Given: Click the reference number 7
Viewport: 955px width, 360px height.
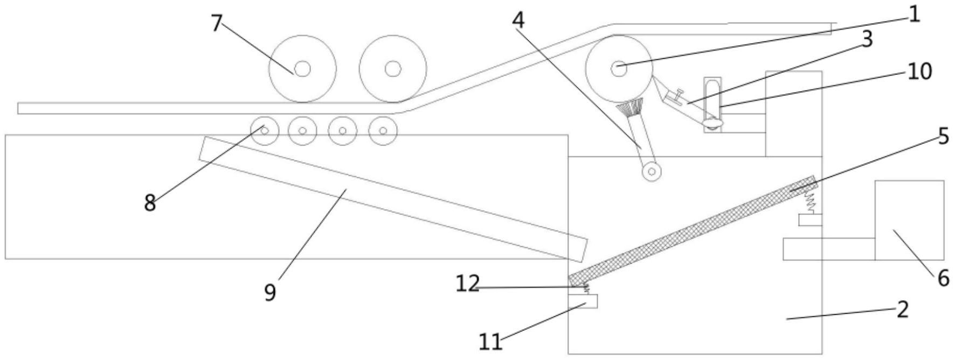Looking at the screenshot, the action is tap(216, 23).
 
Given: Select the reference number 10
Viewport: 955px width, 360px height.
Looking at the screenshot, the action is tap(919, 71).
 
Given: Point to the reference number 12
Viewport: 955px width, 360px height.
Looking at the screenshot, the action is tap(467, 284).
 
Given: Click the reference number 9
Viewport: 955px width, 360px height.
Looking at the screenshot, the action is tap(270, 292).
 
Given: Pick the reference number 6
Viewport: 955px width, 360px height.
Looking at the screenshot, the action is tap(943, 279).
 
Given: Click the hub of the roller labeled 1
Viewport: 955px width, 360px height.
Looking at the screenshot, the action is tap(618, 68).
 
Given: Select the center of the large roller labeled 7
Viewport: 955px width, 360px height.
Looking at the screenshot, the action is tap(302, 68).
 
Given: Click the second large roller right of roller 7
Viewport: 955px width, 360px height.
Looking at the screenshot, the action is tap(393, 68).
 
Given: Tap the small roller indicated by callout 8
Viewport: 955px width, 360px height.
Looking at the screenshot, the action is tap(265, 130).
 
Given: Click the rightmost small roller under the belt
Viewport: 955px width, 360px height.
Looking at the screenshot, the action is tap(383, 130).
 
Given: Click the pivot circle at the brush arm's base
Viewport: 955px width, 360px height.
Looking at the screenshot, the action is tap(652, 171).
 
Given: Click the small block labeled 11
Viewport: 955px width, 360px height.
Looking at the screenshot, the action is tap(583, 301).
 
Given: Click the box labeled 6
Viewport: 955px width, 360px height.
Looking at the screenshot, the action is tap(909, 220).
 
